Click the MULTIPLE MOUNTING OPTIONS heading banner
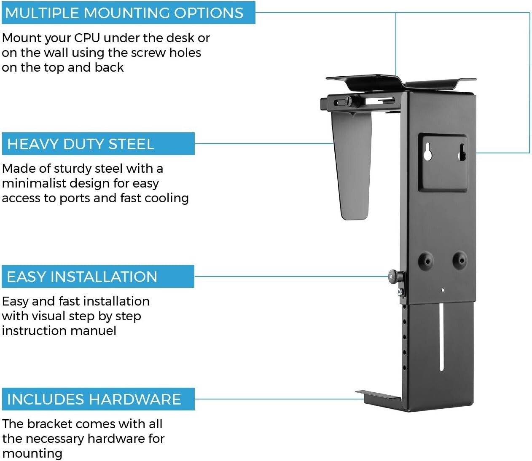pos(128,13)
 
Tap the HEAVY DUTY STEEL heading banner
pos(98,144)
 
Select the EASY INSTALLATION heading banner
pos(98,276)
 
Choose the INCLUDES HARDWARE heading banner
pos(98,399)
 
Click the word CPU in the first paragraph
pos(87,38)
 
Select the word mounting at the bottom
pos(32,454)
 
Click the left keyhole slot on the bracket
pos(427,152)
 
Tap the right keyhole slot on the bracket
pos(462,152)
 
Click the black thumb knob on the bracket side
pos(395,276)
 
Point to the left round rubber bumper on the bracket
pos(426,261)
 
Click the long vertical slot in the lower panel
pos(441,337)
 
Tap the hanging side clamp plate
pos(353,169)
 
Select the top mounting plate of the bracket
pos(400,82)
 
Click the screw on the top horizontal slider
pos(349,101)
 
